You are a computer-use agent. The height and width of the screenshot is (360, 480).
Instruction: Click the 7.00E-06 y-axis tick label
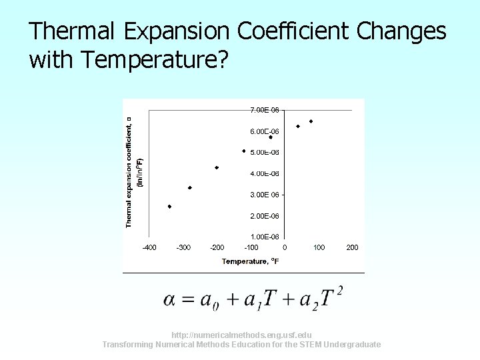tap(264, 110)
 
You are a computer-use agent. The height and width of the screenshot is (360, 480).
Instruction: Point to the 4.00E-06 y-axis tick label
tap(264, 173)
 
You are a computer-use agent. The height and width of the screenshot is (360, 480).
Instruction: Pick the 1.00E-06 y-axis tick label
tap(264, 237)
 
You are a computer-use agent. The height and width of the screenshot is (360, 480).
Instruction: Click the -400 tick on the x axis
tap(149, 247)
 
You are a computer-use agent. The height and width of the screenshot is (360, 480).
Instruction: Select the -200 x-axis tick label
tap(217, 247)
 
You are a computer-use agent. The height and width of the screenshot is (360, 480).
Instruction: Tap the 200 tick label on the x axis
tap(352, 247)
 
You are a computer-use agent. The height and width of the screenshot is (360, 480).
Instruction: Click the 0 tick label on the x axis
tap(285, 247)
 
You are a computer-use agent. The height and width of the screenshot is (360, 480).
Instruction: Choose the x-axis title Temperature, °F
tap(250, 261)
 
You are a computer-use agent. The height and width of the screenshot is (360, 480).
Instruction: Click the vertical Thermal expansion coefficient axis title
tap(129, 171)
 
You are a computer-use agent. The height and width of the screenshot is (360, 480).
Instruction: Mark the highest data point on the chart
tap(311, 121)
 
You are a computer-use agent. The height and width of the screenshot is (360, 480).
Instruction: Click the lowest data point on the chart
tap(169, 207)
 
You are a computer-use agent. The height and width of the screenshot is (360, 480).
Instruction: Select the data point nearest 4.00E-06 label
tap(217, 167)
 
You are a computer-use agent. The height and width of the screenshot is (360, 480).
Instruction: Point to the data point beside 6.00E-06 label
tap(271, 137)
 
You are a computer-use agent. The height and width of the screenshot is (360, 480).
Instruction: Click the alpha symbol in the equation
tap(170, 299)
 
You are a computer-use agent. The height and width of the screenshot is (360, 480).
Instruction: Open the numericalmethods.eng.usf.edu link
tap(241, 335)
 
